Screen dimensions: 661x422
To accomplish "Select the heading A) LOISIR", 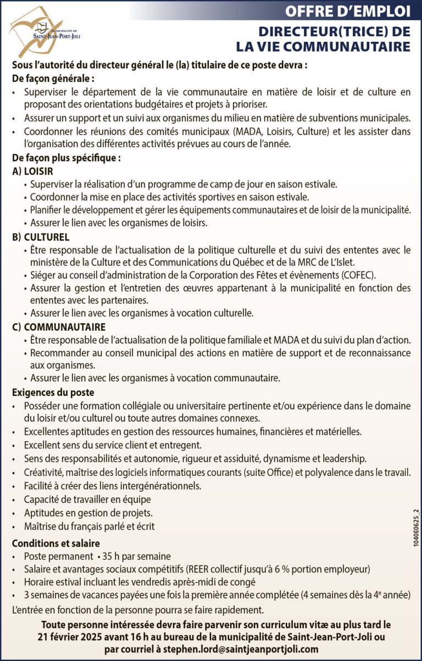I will click(x=32, y=171).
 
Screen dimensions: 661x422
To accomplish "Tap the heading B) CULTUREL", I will click(x=41, y=237).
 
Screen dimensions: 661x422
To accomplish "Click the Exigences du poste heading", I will click(x=53, y=392).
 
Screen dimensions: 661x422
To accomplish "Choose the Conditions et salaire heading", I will click(x=55, y=543).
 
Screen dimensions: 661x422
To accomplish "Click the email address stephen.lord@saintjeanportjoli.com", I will click(x=242, y=649).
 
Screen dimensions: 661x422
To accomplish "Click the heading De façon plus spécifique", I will click(x=66, y=158).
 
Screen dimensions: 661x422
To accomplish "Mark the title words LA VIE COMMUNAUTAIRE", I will click(x=323, y=46).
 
